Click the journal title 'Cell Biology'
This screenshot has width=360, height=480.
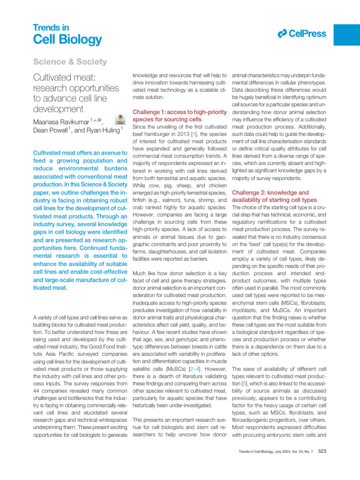point(67,39)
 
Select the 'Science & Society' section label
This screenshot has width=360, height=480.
point(70,62)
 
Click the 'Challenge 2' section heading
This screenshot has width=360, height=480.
point(270,196)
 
